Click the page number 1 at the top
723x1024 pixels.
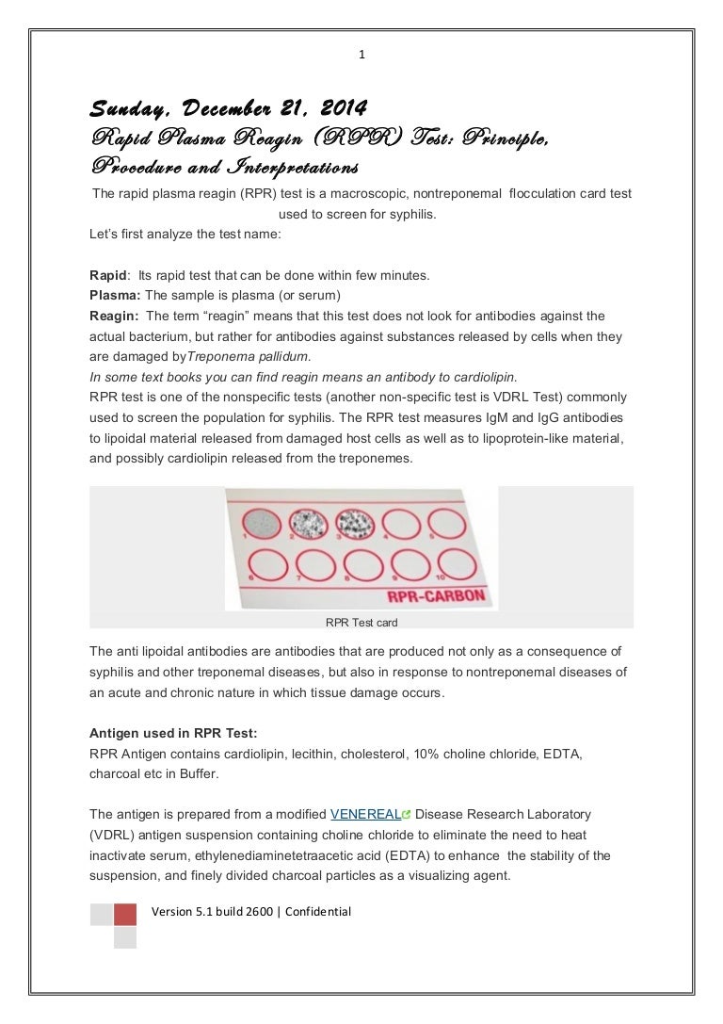point(361,55)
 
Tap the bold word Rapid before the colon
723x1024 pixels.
point(107,276)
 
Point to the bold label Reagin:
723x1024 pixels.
point(114,316)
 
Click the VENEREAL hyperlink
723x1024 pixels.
point(365,814)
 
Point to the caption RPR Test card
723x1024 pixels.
point(361,622)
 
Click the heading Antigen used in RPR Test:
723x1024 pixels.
point(171,733)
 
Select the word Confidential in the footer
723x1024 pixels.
point(318,912)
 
